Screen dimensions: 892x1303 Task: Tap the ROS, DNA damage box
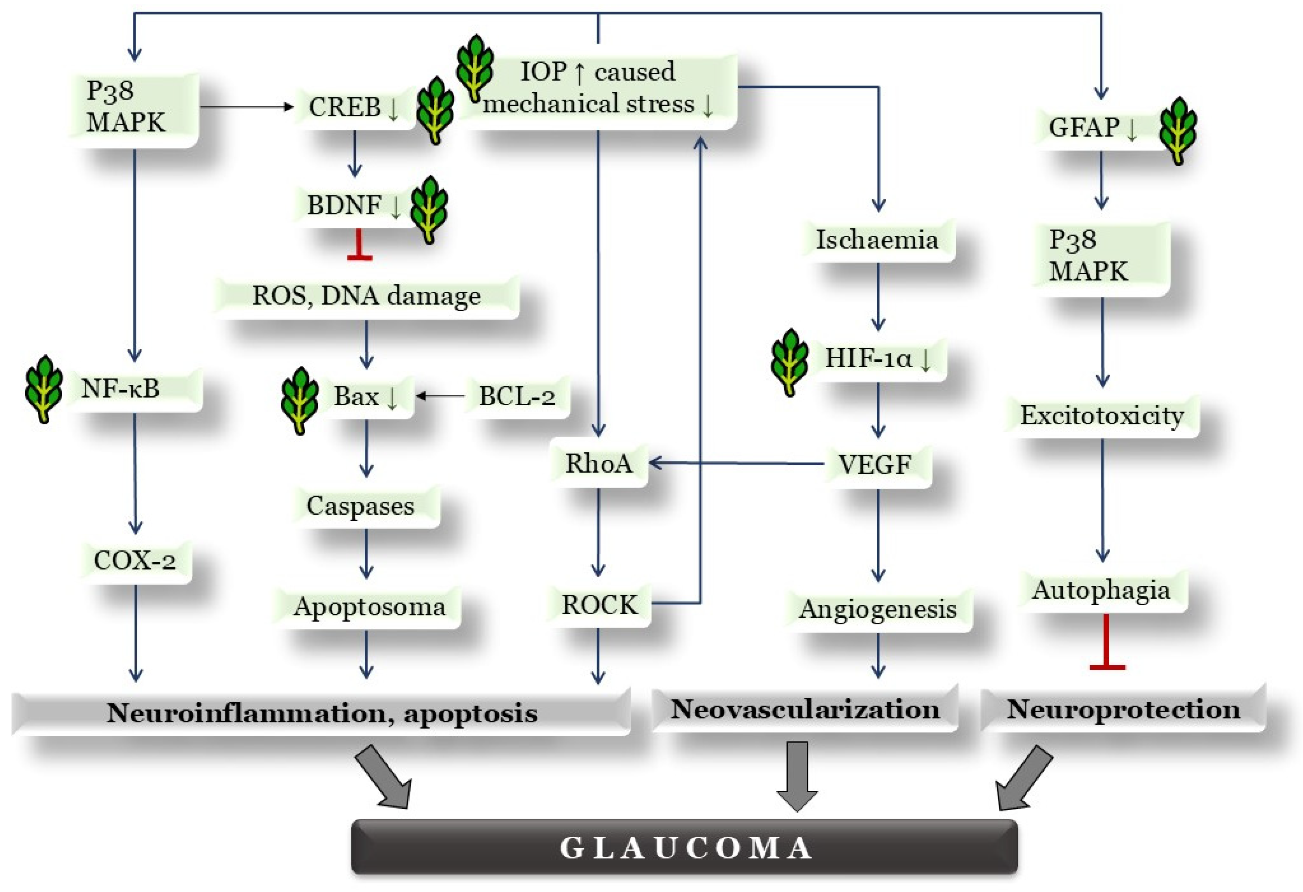click(366, 296)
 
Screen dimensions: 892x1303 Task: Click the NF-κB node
click(121, 388)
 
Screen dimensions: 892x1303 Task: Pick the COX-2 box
click(134, 560)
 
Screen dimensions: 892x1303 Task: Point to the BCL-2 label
click(516, 396)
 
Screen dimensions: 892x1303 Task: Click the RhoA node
click(598, 464)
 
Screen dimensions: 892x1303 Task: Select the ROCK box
click(599, 604)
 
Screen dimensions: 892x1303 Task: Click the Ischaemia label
click(877, 240)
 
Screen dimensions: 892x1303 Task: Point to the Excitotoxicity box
click(1101, 415)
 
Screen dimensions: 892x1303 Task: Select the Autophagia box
click(1101, 590)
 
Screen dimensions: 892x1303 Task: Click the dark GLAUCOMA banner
click(684, 848)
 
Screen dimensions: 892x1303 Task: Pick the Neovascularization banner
click(805, 709)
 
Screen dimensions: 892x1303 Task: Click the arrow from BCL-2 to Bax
click(441, 396)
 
